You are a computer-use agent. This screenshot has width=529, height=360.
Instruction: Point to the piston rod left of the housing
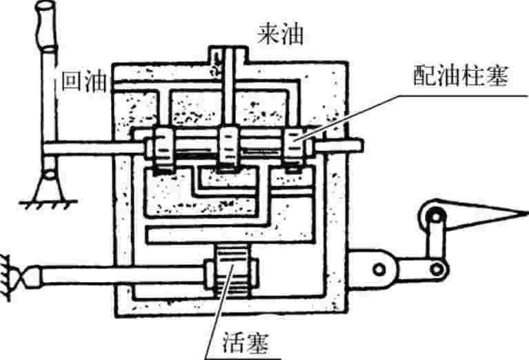pyautogui.click(x=117, y=275)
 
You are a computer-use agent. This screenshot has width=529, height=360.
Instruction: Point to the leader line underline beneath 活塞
pyautogui.click(x=245, y=357)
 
